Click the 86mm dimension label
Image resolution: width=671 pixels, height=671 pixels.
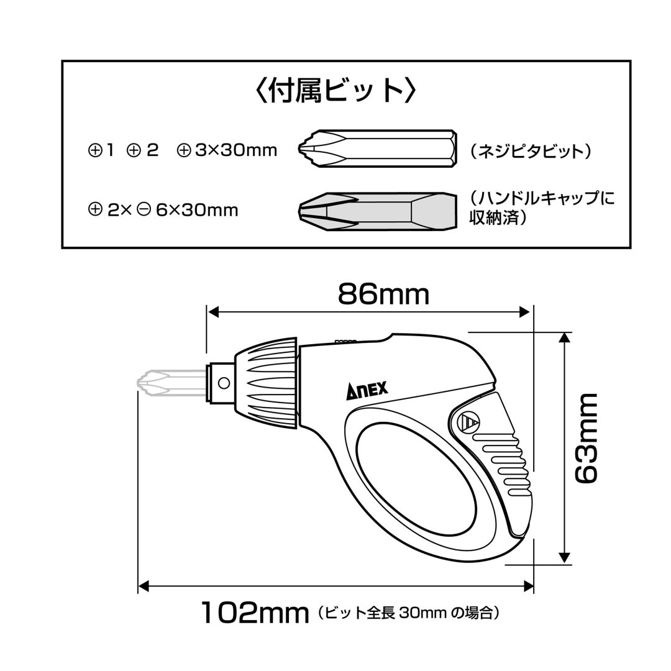(x=383, y=294)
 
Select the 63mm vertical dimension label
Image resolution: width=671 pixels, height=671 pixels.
(x=586, y=439)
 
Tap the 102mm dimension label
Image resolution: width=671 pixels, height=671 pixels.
(x=255, y=613)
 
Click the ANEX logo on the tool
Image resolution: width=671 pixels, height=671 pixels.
(x=367, y=390)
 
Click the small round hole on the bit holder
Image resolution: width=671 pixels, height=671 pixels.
(x=224, y=383)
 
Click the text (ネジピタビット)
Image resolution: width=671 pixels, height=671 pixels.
(x=531, y=152)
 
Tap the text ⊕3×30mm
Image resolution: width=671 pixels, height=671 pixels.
(x=227, y=150)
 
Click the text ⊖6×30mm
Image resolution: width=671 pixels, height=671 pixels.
(x=188, y=210)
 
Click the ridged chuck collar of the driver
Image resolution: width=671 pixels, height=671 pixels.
(x=266, y=383)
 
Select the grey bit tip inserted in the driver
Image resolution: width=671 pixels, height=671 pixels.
(x=171, y=383)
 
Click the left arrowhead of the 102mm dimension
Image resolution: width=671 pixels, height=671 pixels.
(x=144, y=586)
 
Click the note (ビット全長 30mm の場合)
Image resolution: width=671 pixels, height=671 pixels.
(x=408, y=613)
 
